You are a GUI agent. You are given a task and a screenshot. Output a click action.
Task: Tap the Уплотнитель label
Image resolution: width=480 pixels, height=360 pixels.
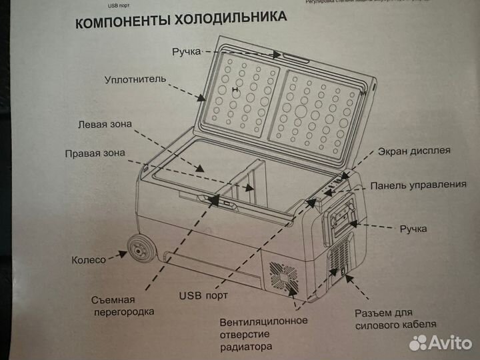pyautogui.click(x=134, y=80)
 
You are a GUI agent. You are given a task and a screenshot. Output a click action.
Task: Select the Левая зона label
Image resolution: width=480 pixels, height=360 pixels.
pyautogui.click(x=105, y=124)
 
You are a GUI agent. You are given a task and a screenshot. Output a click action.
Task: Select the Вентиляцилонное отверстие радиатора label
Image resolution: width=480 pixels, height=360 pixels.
pyautogui.click(x=263, y=334)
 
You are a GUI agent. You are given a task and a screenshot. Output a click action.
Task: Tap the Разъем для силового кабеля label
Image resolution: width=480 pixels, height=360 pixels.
pyautogui.click(x=394, y=318)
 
